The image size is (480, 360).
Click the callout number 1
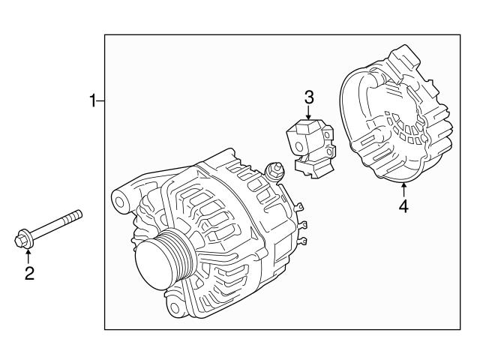(x=92, y=100)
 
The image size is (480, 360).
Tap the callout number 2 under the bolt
(x=29, y=274)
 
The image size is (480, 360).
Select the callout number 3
(x=308, y=97)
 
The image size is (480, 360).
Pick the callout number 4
(x=403, y=205)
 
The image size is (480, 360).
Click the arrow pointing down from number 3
(x=308, y=112)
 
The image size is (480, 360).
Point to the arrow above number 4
(x=403, y=187)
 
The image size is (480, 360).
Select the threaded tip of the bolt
(x=76, y=216)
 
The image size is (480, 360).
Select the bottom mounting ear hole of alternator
(x=175, y=308)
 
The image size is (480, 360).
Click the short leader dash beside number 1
(x=100, y=100)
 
